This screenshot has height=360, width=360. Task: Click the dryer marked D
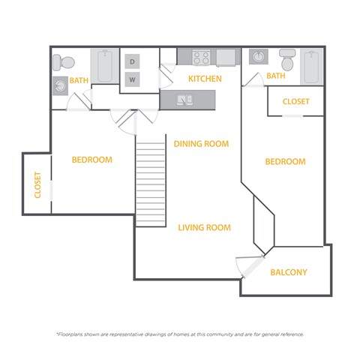pyautogui.click(x=132, y=61)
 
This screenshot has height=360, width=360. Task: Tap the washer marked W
pyautogui.click(x=132, y=79)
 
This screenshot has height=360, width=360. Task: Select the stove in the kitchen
pyautogui.click(x=201, y=57)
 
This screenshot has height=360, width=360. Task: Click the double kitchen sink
pyautogui.click(x=185, y=99)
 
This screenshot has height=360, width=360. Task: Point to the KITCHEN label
pyautogui.click(x=203, y=79)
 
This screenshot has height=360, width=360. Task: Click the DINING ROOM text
pyautogui.click(x=201, y=143)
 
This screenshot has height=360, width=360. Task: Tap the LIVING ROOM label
pyautogui.click(x=204, y=227)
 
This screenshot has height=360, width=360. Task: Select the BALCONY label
pyautogui.click(x=289, y=272)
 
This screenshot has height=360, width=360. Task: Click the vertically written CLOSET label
pyautogui.click(x=37, y=185)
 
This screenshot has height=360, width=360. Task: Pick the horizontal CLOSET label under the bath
pyautogui.click(x=296, y=102)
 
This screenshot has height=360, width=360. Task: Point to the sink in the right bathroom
pyautogui.click(x=259, y=57)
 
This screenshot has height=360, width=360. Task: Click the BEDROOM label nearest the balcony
pyautogui.click(x=285, y=162)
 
